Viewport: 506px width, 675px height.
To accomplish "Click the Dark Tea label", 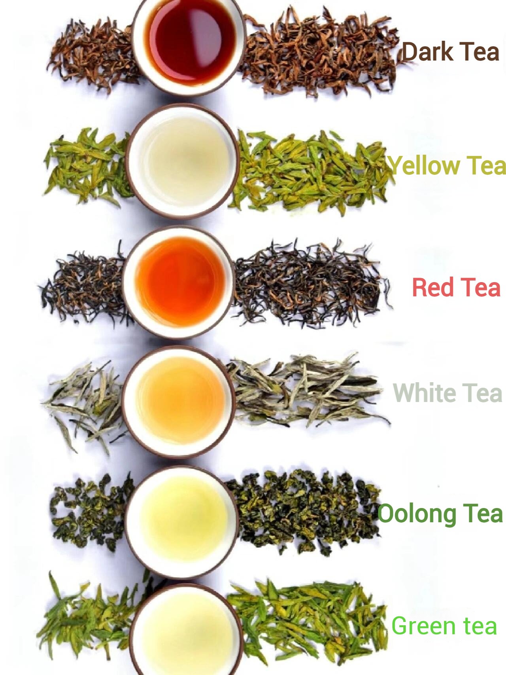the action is click(x=451, y=52).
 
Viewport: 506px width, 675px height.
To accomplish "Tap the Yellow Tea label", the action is click(x=447, y=166).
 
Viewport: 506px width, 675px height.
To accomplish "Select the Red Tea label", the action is click(x=456, y=287).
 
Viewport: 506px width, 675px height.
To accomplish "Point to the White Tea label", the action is click(x=447, y=393).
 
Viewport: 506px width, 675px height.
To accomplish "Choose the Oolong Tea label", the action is click(x=440, y=514).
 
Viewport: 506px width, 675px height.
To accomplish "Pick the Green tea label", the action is click(x=444, y=626).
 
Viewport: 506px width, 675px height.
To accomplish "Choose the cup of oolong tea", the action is click(x=182, y=522).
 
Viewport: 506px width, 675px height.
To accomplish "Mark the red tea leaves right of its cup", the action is click(x=310, y=283).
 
